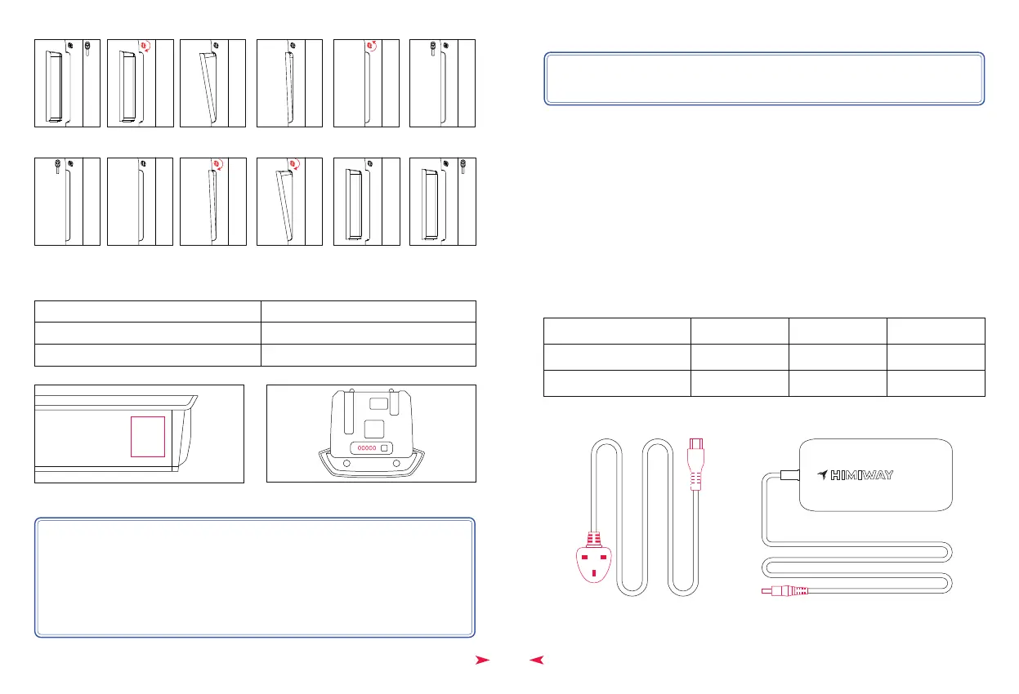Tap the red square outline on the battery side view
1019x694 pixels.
[148, 436]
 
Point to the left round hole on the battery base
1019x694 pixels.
[346, 464]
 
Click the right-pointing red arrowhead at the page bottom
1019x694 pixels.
[483, 660]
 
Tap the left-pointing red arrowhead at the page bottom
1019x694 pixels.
[536, 660]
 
